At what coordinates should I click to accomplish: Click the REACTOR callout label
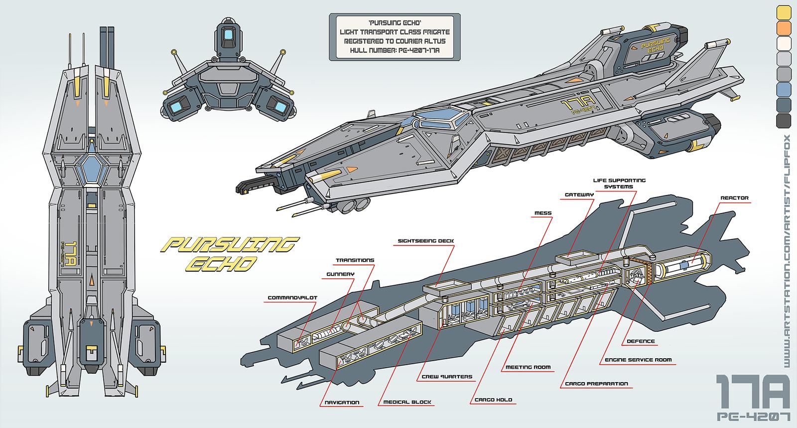[x=734, y=198]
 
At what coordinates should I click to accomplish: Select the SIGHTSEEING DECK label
[x=425, y=240]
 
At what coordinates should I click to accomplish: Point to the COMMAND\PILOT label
[x=292, y=298]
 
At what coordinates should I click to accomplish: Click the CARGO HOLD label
[x=493, y=400]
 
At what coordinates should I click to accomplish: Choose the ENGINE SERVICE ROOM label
[x=638, y=359]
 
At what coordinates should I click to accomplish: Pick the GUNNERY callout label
[x=340, y=274]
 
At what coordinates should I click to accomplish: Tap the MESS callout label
[x=542, y=213]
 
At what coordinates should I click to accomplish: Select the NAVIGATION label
[x=342, y=402]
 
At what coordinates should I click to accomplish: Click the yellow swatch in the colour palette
[x=783, y=10]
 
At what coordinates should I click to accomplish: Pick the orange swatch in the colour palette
[x=783, y=26]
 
